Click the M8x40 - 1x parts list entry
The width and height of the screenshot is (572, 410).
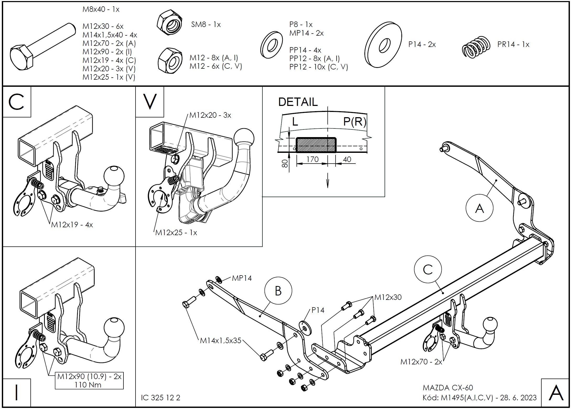[x=101, y=9]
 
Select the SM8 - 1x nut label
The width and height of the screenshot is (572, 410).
[x=206, y=25]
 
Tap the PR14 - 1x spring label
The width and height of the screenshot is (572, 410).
[x=513, y=44]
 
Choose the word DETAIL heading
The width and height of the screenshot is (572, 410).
[x=298, y=102]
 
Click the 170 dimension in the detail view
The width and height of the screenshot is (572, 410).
[x=312, y=159]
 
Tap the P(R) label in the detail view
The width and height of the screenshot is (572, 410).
[x=354, y=122]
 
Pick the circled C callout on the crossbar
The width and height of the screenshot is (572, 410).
[x=428, y=269]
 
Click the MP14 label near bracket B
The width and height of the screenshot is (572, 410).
[x=242, y=278]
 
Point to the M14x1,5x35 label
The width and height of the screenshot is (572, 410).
[x=220, y=341]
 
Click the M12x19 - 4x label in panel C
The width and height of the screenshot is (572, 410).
[x=72, y=225]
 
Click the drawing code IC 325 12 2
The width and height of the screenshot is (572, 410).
[x=160, y=398]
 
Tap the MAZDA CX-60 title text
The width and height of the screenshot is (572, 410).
[x=448, y=388]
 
